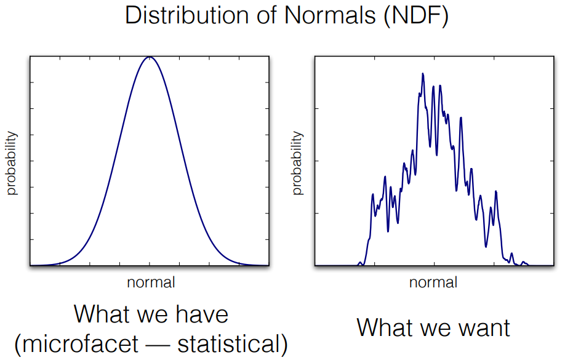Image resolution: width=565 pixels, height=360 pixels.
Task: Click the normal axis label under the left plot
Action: pos(151,282)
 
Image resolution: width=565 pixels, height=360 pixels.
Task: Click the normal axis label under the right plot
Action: pos(434,282)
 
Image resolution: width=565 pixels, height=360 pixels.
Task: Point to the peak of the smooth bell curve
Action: pos(149,57)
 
